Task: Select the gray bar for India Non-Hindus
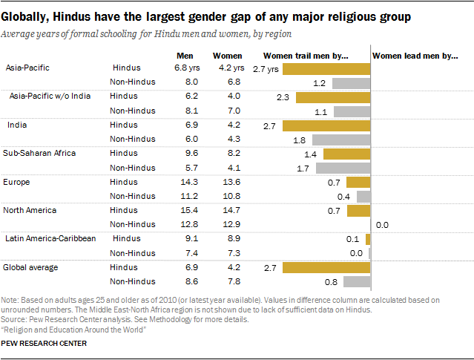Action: pyautogui.click(x=341, y=140)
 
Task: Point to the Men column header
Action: pyautogui.click(x=185, y=56)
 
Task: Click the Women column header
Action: pyautogui.click(x=227, y=56)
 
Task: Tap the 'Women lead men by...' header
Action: pyautogui.click(x=415, y=56)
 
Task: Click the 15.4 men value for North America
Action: pyautogui.click(x=185, y=210)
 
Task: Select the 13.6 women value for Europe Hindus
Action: pyautogui.click(x=227, y=182)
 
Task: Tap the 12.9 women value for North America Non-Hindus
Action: pyautogui.click(x=227, y=224)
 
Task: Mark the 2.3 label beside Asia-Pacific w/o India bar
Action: pyautogui.click(x=282, y=96)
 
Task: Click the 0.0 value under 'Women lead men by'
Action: pyautogui.click(x=383, y=224)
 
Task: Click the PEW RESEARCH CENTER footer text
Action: pyautogui.click(x=44, y=344)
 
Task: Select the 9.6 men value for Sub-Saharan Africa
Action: pyautogui.click(x=185, y=154)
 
